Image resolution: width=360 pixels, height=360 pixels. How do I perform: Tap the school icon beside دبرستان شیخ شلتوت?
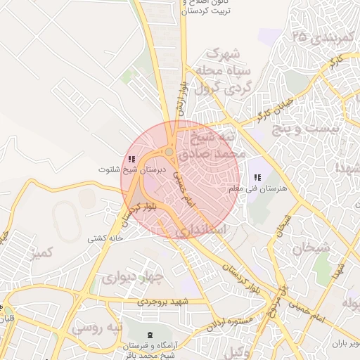coord(131,159)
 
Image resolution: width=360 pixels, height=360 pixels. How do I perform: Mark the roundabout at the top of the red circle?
coord(169,153)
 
